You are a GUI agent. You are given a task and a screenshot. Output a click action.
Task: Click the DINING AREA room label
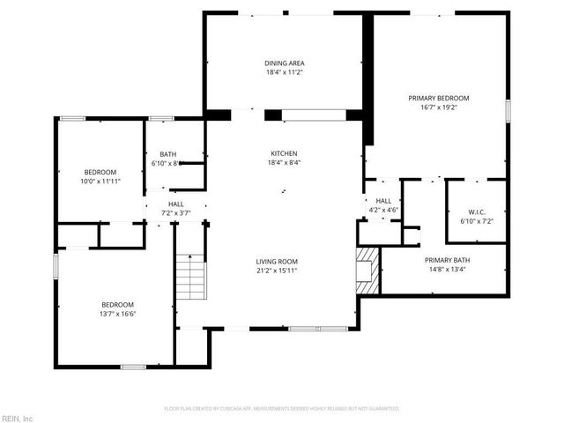point(284,63)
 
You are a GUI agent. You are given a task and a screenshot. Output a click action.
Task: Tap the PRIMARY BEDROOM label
point(438,98)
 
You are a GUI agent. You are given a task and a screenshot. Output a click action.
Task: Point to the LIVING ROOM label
point(276,262)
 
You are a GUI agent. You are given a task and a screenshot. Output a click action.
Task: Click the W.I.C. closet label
point(476,212)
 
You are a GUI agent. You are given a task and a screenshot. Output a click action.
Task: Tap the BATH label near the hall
point(167,154)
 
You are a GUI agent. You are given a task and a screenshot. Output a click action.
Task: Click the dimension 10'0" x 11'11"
point(100,181)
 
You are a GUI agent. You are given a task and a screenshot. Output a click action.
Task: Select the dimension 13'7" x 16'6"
point(117,313)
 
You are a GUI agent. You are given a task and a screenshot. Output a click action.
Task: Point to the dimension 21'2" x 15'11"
point(276,271)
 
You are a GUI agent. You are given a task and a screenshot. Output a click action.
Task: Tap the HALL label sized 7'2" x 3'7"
point(176,203)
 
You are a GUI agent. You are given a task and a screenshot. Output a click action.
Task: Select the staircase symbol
point(189,277)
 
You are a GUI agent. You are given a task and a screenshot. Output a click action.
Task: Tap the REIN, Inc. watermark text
point(18,418)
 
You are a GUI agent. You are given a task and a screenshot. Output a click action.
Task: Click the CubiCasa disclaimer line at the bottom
point(282,409)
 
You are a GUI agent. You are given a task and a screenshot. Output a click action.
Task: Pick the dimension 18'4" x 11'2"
point(284,72)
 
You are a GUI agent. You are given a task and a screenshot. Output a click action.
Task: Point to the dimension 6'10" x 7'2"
point(476,221)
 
